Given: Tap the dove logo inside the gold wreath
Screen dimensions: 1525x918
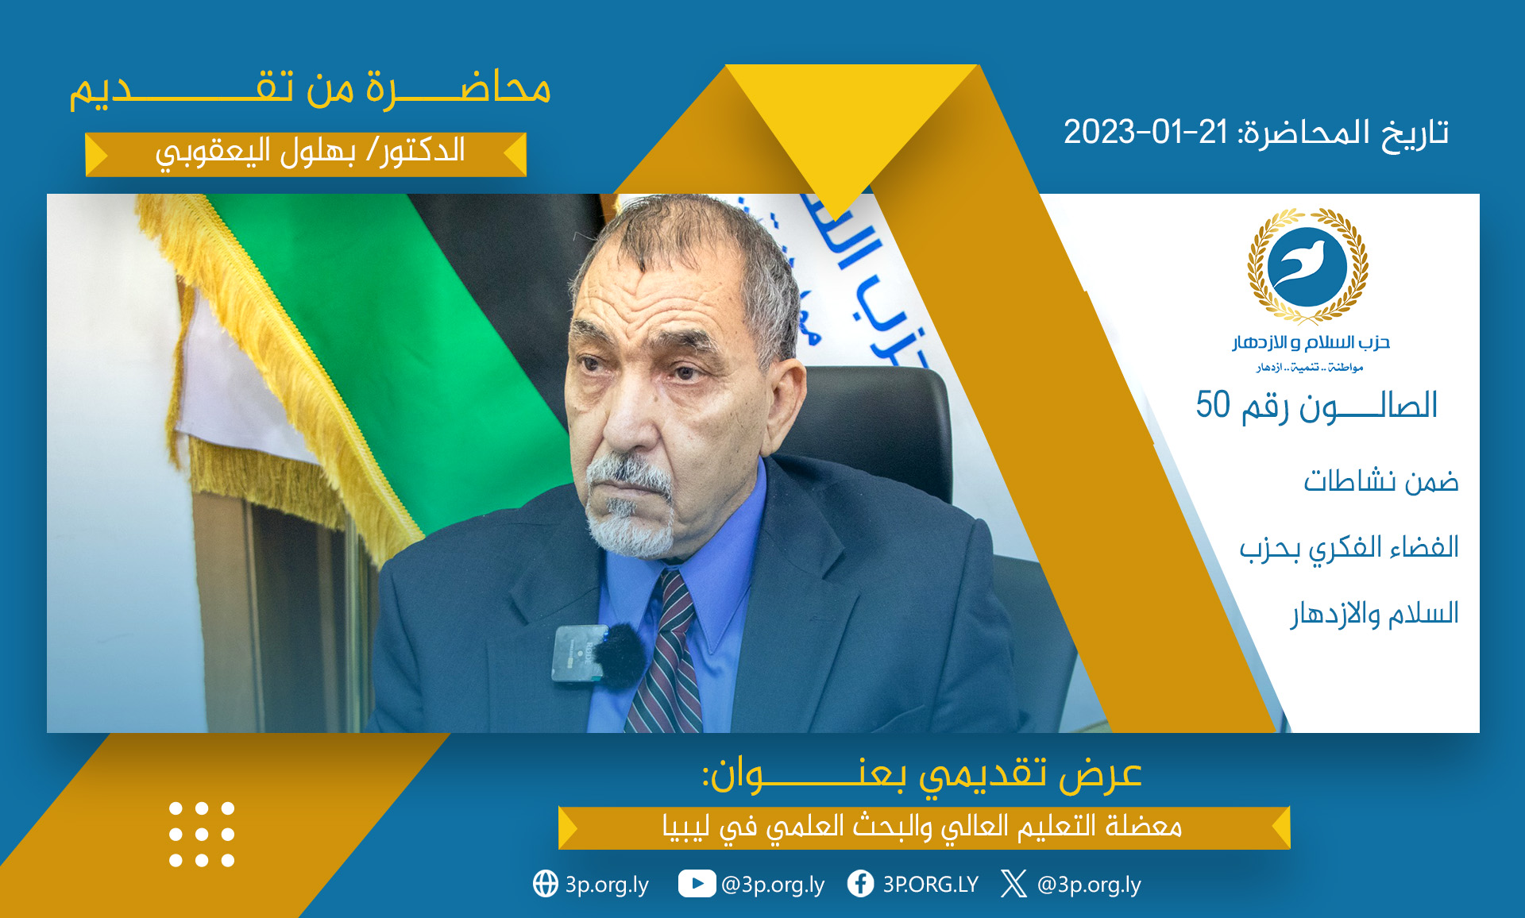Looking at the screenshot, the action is tap(1307, 265).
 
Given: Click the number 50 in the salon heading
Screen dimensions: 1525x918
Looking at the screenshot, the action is tap(1213, 404).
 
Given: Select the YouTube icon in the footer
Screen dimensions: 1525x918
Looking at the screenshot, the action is tap(697, 883).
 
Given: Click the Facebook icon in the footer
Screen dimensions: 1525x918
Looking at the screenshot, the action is tap(860, 883).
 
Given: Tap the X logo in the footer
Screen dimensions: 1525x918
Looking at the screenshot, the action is tap(1013, 883).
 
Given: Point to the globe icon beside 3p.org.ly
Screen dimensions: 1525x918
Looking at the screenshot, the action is tap(546, 883).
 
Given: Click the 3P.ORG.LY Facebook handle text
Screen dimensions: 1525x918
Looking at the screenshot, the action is tap(931, 884).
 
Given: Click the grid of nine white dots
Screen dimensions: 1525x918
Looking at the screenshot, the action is tap(202, 834).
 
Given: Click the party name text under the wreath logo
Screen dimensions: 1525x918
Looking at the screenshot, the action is tap(1311, 342).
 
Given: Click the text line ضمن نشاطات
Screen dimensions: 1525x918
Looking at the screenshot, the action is tap(1381, 481).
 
